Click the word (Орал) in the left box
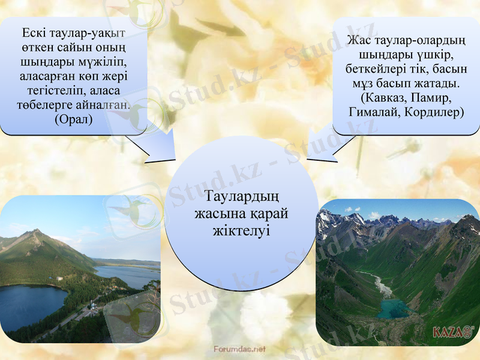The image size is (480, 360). coord(73,119)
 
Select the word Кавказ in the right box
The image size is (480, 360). coord(383,97)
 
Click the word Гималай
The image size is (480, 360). coord(373,112)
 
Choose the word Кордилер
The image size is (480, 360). coord(434,112)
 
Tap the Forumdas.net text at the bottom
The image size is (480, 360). coord(239,349)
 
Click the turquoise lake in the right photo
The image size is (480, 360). coord(393,309)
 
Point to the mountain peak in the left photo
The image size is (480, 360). coord(35,230)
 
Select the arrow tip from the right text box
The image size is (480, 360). coord(308,159)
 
